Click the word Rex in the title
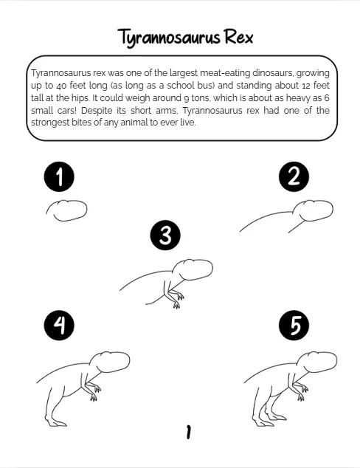[x=238, y=38]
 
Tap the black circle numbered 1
[x=59, y=176]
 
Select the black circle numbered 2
[x=294, y=176]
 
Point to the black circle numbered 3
[x=165, y=235]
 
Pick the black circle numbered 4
[x=59, y=326]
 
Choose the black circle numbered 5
[x=294, y=326]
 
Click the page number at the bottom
[x=188, y=432]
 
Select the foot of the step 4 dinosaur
[x=56, y=423]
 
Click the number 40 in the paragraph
[x=61, y=86]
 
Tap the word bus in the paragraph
[x=207, y=86]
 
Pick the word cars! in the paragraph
[x=67, y=111]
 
